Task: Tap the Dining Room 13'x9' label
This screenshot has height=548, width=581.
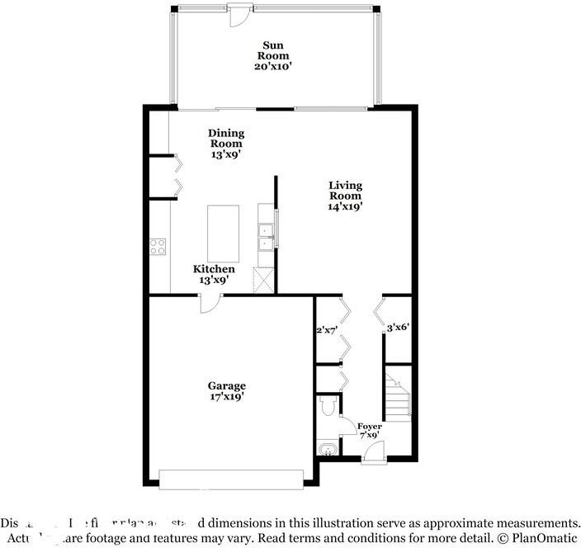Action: [225, 143]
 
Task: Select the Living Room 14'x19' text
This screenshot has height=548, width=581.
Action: [345, 196]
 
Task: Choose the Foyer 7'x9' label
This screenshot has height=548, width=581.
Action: [369, 431]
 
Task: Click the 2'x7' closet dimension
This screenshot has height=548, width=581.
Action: [328, 329]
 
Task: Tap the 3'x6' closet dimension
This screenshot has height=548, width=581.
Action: [399, 328]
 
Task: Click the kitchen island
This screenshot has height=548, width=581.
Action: [223, 233]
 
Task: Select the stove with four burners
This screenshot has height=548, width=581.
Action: [158, 245]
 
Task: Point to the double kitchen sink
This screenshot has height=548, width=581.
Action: [266, 235]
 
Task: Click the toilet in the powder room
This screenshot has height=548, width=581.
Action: [326, 407]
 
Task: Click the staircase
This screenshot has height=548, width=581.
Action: [397, 397]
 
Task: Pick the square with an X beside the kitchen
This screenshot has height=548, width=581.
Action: [264, 281]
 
